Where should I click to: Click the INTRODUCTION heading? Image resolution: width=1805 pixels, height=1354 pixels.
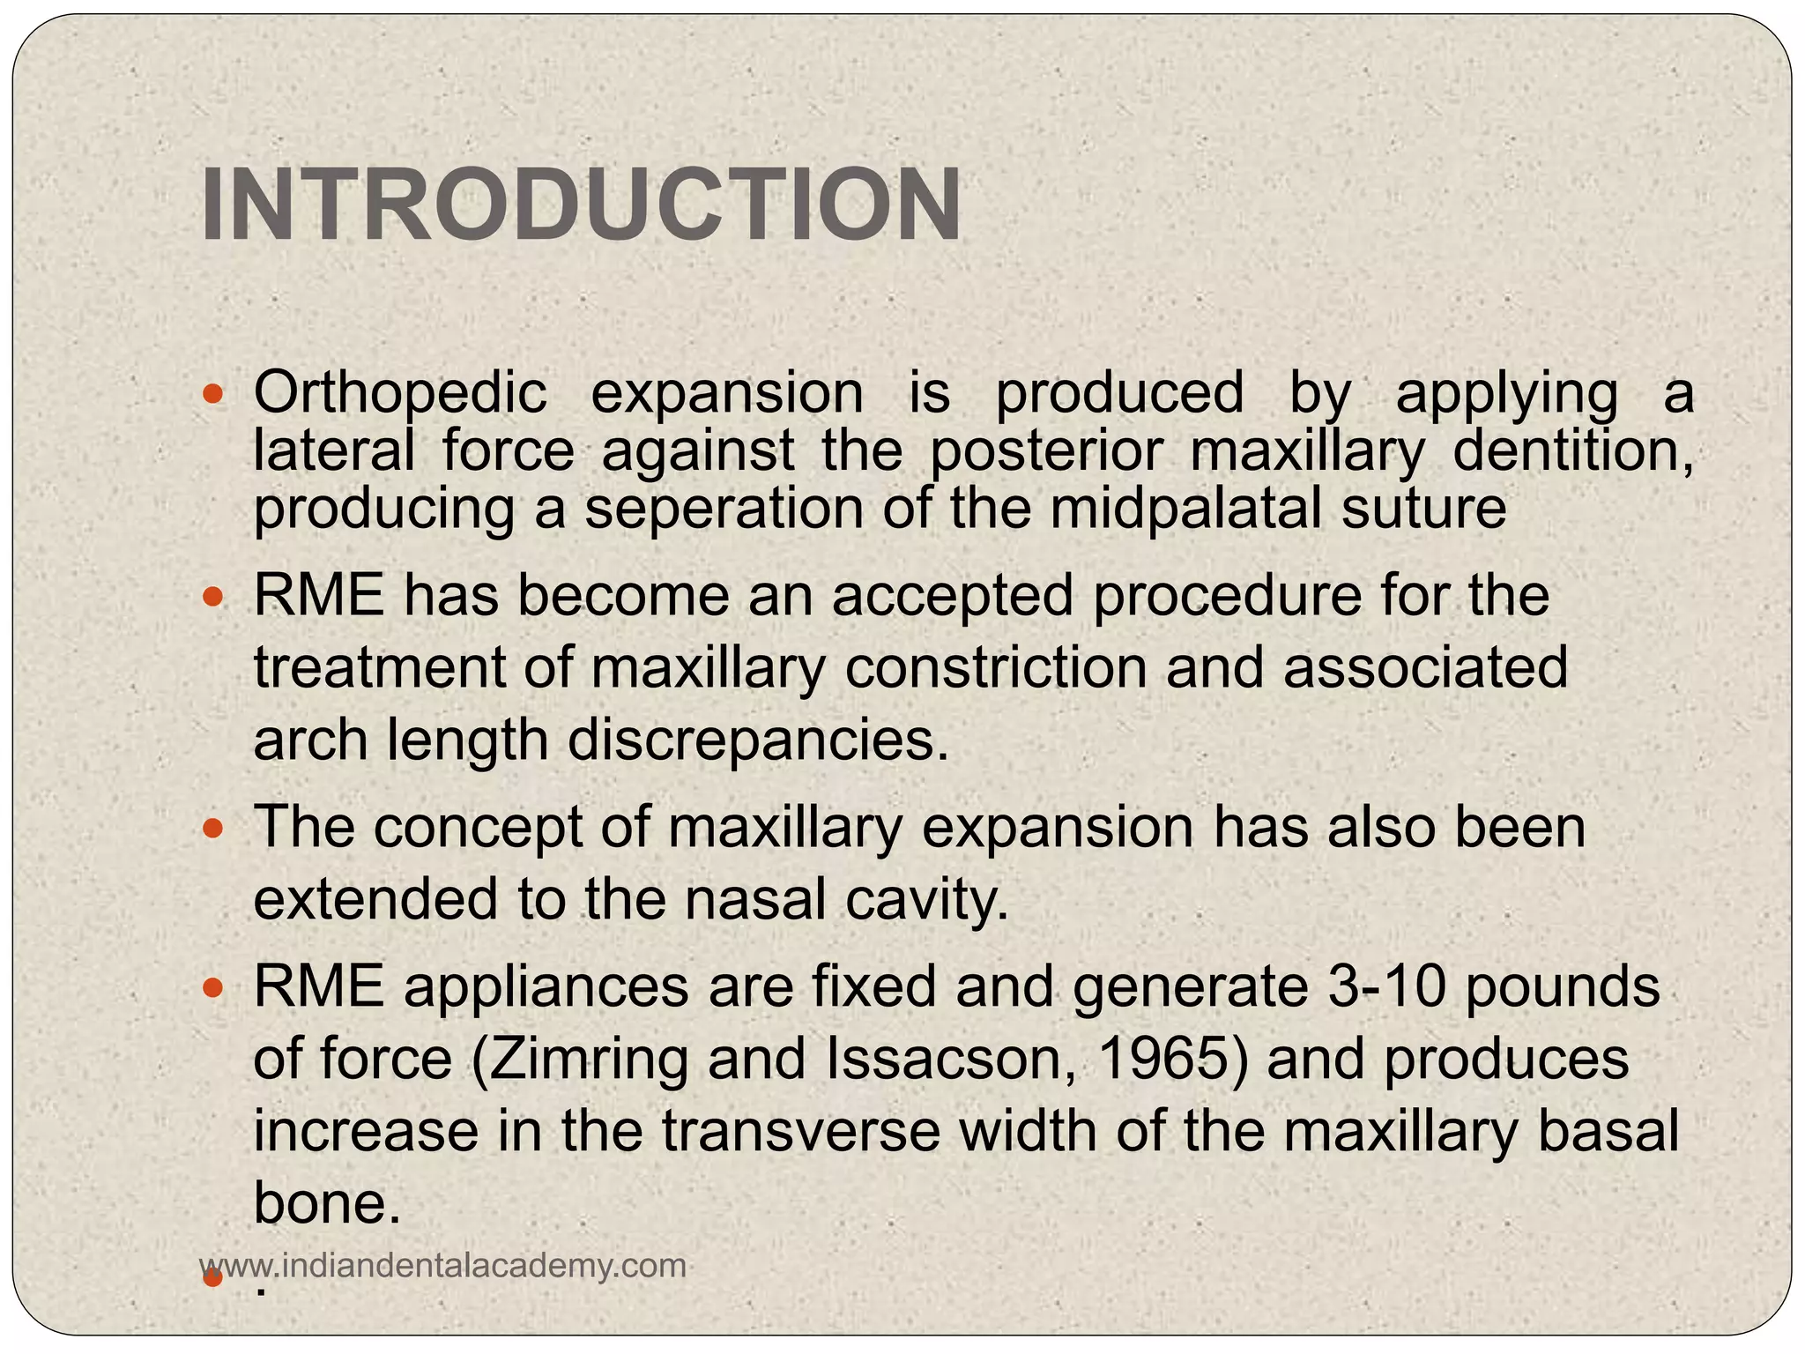tap(581, 205)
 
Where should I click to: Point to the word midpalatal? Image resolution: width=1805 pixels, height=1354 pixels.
tap(1186, 509)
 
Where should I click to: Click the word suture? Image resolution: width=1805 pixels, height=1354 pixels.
tap(1423, 509)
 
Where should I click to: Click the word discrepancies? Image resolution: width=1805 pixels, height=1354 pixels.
tap(758, 740)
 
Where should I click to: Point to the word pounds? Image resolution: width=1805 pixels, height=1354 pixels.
tap(1563, 986)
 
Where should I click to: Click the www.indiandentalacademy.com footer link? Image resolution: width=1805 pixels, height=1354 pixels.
tap(443, 1266)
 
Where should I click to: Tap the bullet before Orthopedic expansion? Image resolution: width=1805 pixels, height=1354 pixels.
tap(212, 393)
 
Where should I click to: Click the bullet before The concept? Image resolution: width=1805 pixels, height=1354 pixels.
tap(212, 829)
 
